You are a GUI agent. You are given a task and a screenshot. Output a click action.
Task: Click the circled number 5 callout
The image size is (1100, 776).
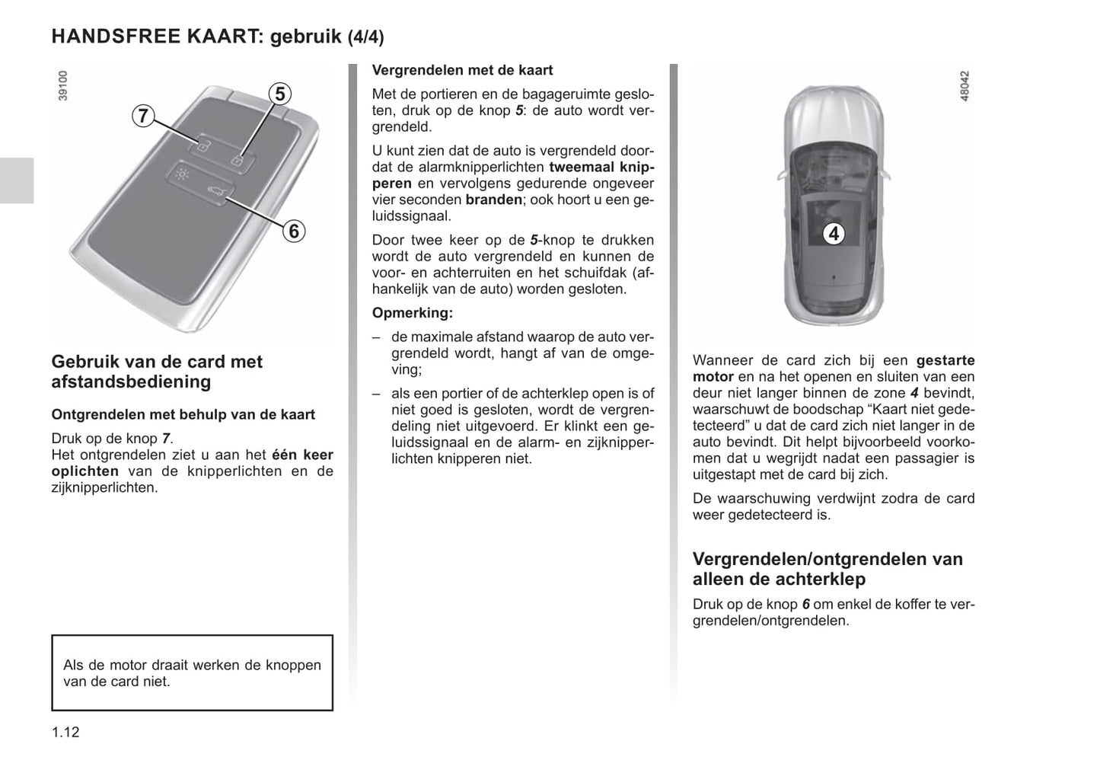[280, 94]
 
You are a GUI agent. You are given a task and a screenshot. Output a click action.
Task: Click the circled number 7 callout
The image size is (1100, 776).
[142, 117]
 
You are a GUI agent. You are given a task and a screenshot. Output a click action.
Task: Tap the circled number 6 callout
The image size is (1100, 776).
[294, 230]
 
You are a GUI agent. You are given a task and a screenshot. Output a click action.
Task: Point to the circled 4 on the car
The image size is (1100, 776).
[834, 234]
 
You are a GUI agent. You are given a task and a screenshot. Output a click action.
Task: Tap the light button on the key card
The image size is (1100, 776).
[182, 174]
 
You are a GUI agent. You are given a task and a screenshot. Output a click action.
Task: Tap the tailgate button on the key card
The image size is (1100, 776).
[216, 193]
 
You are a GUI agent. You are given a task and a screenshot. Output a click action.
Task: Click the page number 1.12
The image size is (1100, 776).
[65, 733]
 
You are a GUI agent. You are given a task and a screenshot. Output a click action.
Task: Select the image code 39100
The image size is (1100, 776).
[63, 86]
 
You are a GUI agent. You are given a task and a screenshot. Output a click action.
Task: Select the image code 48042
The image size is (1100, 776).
[964, 87]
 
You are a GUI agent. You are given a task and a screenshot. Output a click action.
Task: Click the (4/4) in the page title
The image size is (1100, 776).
[365, 37]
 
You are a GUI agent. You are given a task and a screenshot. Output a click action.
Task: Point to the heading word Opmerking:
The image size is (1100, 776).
[412, 313]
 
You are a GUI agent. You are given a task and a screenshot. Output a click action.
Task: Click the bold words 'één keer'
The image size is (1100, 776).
[302, 455]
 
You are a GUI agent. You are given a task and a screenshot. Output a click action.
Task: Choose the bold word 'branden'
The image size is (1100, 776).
[493, 200]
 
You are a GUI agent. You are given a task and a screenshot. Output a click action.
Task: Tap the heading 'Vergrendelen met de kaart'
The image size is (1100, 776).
[462, 70]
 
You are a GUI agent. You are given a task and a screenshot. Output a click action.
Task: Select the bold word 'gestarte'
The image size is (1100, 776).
[945, 360]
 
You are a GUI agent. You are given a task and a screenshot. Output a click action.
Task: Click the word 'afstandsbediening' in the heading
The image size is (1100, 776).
[131, 382]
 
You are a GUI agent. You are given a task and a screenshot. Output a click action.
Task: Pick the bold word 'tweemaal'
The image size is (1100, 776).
[582, 167]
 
